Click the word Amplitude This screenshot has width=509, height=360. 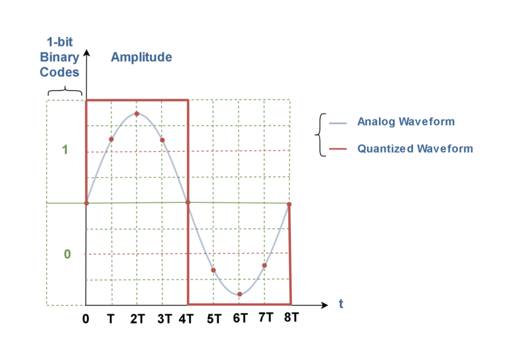[141, 57]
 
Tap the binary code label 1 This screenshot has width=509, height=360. [65, 150]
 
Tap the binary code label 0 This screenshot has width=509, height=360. [66, 254]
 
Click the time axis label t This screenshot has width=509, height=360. [341, 304]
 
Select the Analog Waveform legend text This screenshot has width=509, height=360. [405, 122]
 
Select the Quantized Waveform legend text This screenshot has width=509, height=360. [415, 149]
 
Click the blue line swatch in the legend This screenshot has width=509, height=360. [338, 123]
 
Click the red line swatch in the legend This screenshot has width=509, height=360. [338, 149]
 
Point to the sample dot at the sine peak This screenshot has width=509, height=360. [137, 113]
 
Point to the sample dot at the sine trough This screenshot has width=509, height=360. [239, 294]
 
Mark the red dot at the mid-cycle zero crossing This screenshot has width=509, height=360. [188, 203]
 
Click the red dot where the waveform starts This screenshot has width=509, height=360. [86, 203]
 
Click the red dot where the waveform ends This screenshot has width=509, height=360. [289, 204]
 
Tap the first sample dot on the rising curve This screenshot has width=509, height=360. [111, 139]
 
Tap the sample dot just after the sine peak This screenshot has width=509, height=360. [162, 140]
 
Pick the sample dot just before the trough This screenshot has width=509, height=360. [213, 270]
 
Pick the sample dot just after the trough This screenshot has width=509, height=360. [264, 265]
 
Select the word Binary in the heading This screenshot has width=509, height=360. [59, 57]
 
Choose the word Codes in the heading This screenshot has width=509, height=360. [59, 72]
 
